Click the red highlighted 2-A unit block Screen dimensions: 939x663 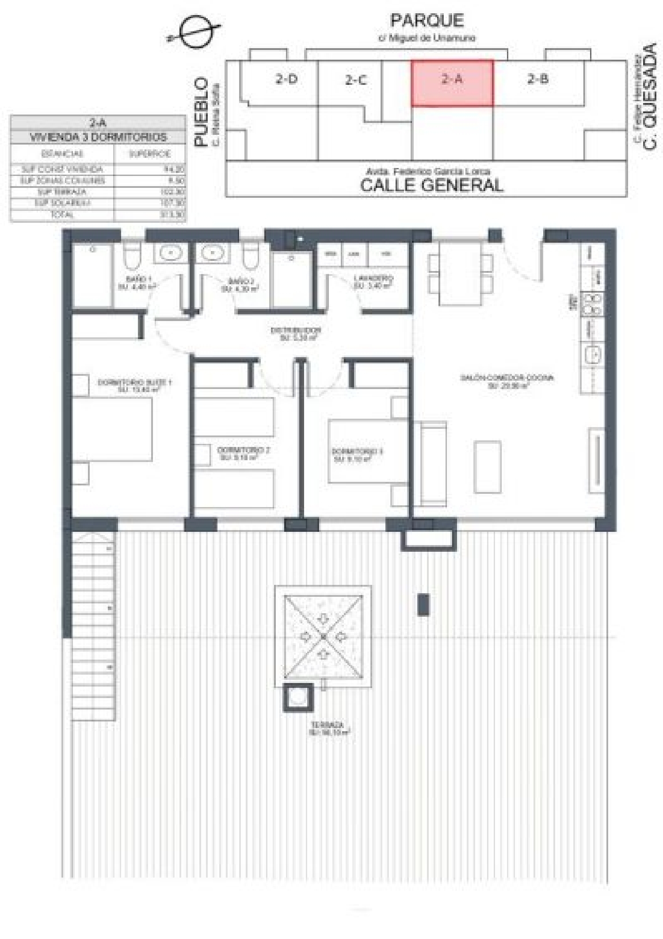point(452,83)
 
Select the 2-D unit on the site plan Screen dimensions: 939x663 point(286,79)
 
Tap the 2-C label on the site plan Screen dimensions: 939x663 point(356,80)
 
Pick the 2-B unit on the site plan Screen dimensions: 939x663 point(537,79)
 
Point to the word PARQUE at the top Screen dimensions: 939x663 point(427,20)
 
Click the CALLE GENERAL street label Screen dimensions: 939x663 point(431,185)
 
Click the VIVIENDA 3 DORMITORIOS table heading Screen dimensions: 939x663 point(98,137)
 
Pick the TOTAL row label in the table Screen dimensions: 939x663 point(62,214)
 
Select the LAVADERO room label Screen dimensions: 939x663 point(373,279)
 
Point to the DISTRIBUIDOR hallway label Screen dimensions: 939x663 point(296,330)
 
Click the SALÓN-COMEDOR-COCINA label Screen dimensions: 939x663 point(507,378)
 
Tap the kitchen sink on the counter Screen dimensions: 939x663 point(592,354)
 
